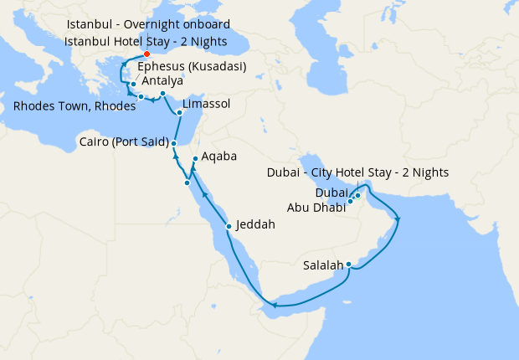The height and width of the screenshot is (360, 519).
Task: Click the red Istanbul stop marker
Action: pyautogui.click(x=147, y=54)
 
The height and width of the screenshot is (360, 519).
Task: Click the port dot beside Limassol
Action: pyautogui.click(x=179, y=112)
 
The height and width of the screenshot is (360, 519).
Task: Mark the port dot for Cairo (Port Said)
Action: pyautogui.click(x=173, y=143)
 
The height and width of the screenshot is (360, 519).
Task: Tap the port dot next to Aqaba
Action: pyautogui.click(x=195, y=159)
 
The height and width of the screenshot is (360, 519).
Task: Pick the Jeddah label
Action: pyautogui.click(x=255, y=224)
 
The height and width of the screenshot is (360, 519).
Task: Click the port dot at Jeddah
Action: pyautogui.click(x=229, y=226)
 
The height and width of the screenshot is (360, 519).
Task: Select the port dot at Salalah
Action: pyautogui.click(x=348, y=266)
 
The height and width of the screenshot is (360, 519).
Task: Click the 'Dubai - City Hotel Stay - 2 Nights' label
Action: pyautogui.click(x=357, y=172)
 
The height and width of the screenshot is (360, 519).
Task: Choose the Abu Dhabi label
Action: pyautogui.click(x=316, y=208)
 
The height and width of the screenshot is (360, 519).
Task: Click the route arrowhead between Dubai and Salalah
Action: pyautogui.click(x=397, y=220)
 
